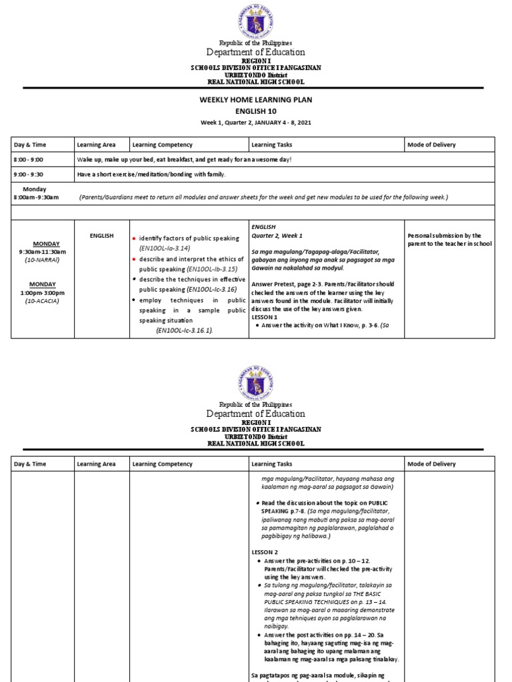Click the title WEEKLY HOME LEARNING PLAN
coord(256,100)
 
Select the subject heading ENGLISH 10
coord(256,111)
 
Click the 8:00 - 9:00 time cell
coord(29,160)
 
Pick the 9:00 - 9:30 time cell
coord(29,174)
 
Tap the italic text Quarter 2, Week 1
coord(277,236)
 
